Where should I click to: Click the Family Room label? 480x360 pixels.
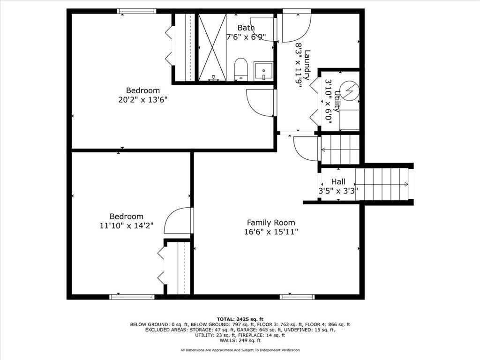point(271,223)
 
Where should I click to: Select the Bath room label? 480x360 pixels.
point(246,28)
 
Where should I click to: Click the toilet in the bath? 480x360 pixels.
point(240,69)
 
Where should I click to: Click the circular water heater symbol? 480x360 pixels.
point(349,90)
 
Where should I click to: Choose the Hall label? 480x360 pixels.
point(338,181)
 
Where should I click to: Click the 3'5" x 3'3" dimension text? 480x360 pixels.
point(338,190)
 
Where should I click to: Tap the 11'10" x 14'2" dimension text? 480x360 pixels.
point(127,225)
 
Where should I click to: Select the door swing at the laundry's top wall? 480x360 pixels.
point(296,26)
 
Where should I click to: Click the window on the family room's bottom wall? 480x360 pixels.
point(297,297)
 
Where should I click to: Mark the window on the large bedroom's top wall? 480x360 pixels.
point(136,11)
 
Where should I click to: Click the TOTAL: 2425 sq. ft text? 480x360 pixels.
point(240,319)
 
